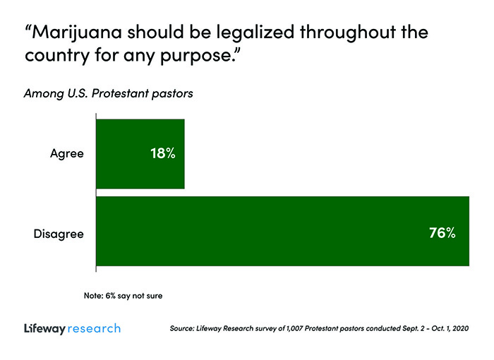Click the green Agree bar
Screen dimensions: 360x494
point(140,154)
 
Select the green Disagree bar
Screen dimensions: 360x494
point(282,232)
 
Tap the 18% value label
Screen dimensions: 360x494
point(162,154)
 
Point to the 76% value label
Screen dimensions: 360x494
point(442,232)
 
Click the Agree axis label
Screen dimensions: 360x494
point(67,154)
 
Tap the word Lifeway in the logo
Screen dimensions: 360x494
point(44,329)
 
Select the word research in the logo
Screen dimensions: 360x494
point(95,329)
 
